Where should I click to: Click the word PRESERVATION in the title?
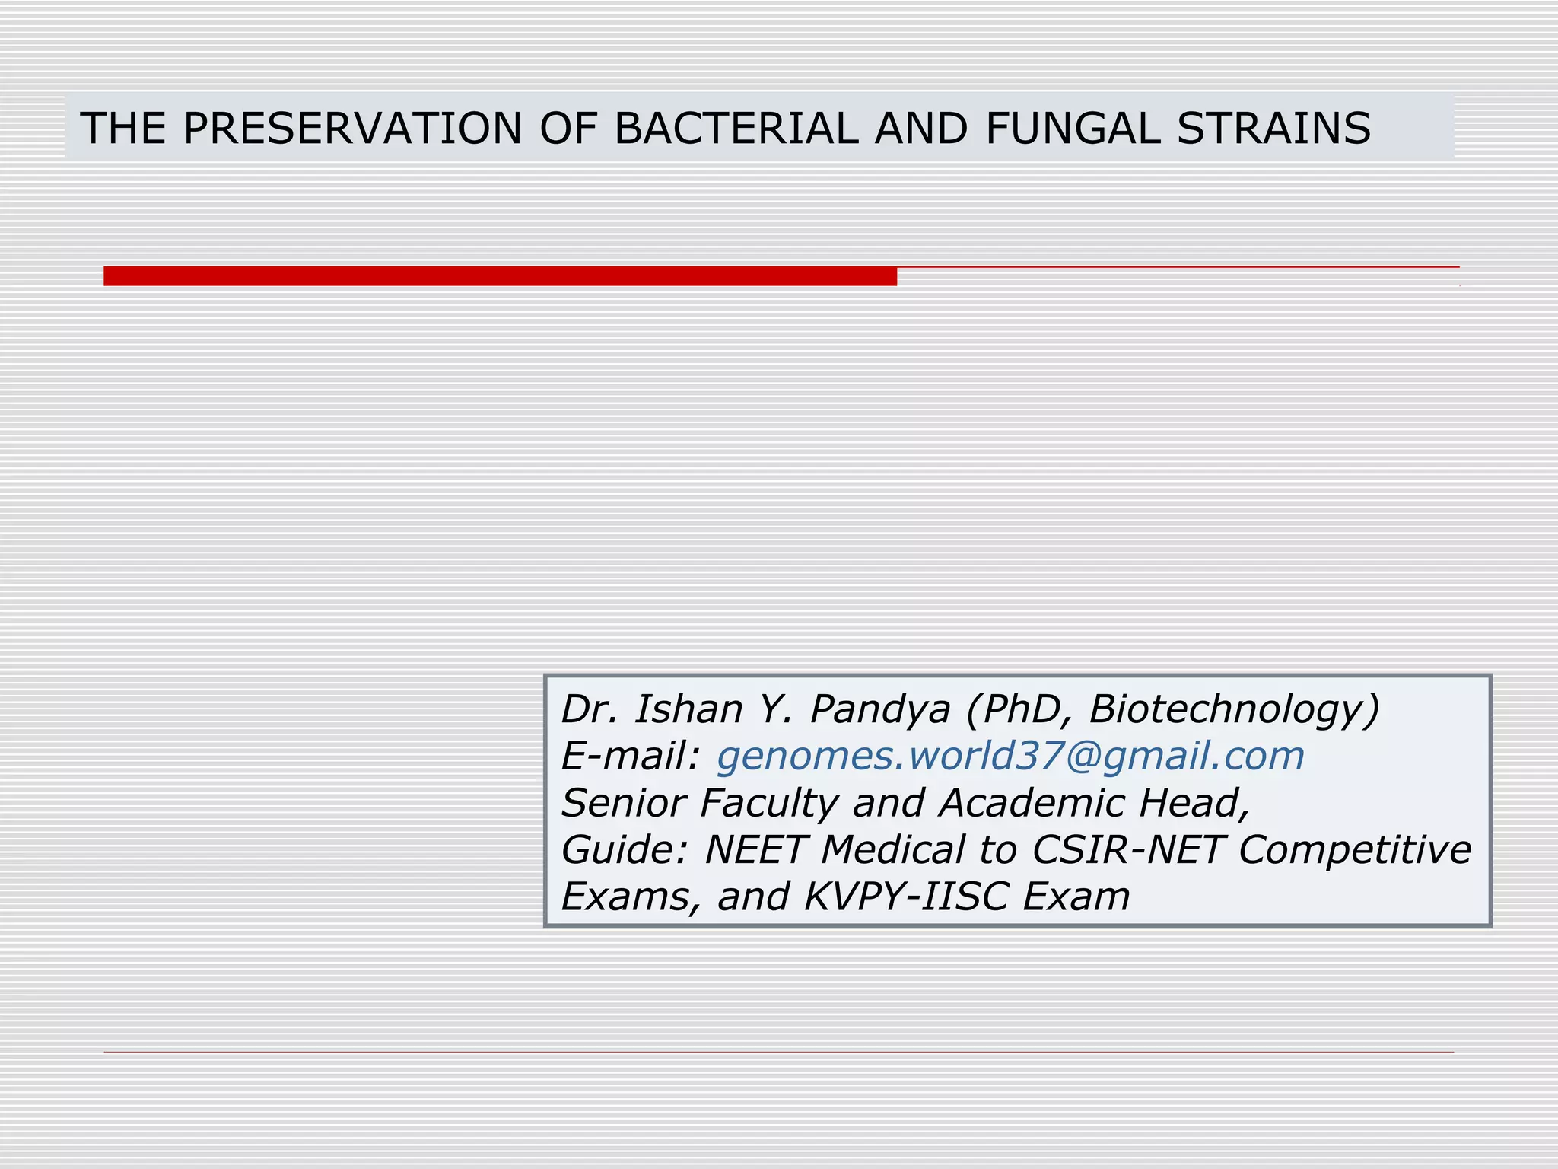click(352, 128)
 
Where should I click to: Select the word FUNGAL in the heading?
click(1073, 128)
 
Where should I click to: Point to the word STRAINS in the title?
click(1273, 128)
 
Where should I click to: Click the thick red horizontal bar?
click(500, 276)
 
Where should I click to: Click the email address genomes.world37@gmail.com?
click(1010, 756)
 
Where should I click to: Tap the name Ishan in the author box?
click(688, 709)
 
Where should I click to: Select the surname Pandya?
click(880, 711)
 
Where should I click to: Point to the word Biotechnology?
click(1232, 711)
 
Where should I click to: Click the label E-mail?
click(630, 756)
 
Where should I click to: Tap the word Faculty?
click(768, 804)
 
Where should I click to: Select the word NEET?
click(754, 849)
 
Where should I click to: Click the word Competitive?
click(1355, 849)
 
